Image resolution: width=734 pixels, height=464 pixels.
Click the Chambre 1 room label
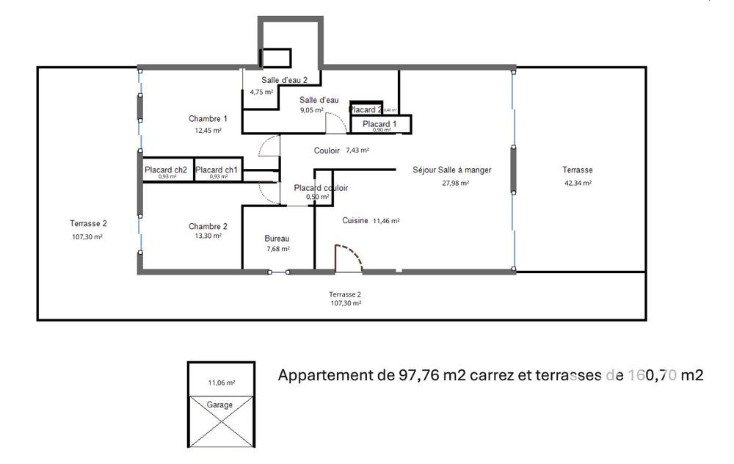pos(208,118)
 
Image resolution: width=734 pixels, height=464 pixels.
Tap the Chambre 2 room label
pos(208,226)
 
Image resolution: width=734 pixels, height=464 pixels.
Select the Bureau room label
pos(277,239)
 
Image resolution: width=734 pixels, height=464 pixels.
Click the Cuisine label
pos(355,220)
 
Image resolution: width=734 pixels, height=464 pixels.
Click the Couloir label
pos(327,151)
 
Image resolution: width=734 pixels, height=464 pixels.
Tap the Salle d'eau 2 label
pos(284,80)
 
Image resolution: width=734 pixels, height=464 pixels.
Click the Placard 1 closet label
pos(379,124)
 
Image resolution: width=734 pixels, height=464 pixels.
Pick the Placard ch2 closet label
pos(166,170)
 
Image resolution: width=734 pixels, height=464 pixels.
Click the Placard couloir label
pos(321,188)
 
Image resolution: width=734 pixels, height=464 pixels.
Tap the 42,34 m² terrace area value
pos(578,184)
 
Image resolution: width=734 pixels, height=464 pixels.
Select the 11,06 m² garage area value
pos(221,383)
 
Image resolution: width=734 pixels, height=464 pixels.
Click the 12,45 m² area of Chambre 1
pos(208,131)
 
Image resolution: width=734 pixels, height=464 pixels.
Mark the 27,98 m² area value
pos(455,184)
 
